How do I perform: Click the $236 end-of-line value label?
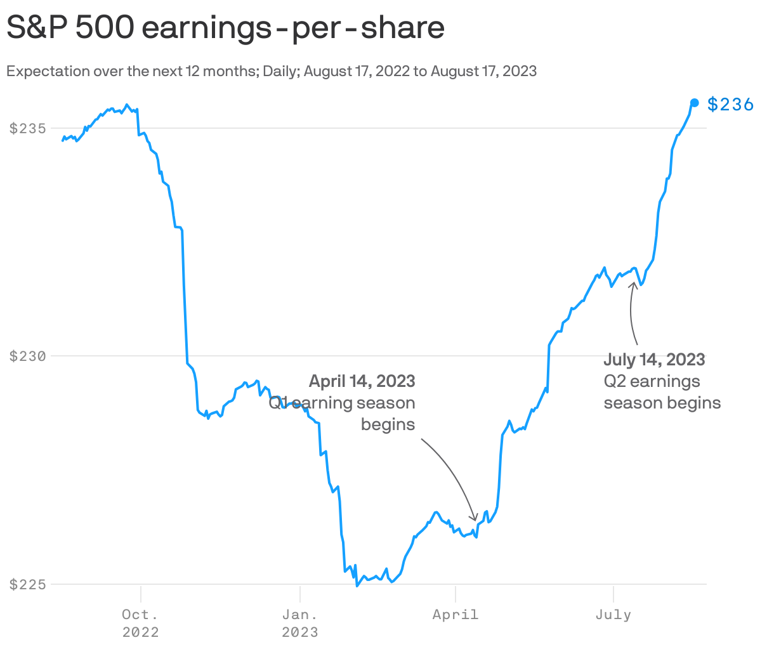(x=730, y=104)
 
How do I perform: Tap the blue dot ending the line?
(x=695, y=103)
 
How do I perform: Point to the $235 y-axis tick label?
(x=28, y=128)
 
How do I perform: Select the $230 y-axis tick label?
(x=28, y=356)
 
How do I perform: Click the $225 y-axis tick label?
(x=28, y=584)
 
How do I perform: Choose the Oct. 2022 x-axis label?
(x=140, y=623)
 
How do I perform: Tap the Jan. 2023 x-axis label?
(x=299, y=623)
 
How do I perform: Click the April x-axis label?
(x=456, y=614)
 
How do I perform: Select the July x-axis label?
(x=613, y=614)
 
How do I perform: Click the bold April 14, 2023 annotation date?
(x=362, y=381)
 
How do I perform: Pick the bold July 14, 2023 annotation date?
(x=654, y=360)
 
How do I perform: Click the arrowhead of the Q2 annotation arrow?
(x=633, y=283)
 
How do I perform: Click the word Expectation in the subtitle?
(x=48, y=71)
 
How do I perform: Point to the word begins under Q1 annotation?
(x=388, y=424)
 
